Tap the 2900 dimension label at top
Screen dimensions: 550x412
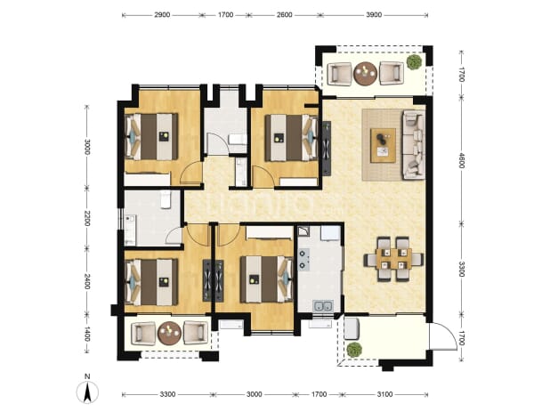coord(162,15)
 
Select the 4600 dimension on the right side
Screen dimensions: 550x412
coord(461,159)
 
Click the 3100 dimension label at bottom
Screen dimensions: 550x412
coord(384,394)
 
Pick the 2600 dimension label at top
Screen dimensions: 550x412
coord(285,15)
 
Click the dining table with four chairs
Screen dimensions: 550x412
coord(393,260)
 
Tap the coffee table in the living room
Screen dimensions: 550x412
coord(383,145)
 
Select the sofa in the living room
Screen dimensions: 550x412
coord(414,144)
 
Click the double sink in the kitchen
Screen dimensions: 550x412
coord(323,306)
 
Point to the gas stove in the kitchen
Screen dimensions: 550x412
coord(304,259)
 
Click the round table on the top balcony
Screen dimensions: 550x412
coord(366,73)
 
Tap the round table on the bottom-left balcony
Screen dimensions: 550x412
coord(169,333)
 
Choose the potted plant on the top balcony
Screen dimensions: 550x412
coord(414,61)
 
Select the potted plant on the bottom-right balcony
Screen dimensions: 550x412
coord(354,350)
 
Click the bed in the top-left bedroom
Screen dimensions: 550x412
coord(151,136)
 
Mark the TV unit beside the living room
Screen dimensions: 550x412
coord(327,148)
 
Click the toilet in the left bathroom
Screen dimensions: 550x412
coord(166,199)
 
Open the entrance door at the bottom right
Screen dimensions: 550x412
coord(443,335)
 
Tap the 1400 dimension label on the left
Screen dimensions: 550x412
coord(87,334)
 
